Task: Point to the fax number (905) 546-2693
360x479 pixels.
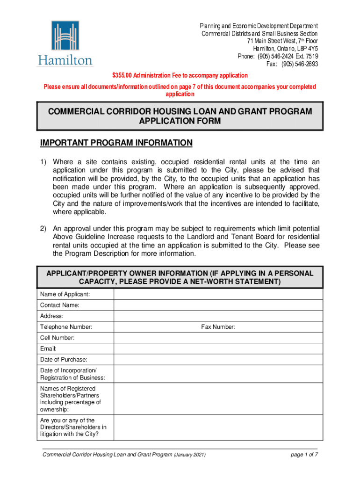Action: point(299,64)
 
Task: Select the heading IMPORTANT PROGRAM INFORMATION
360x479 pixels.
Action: point(116,143)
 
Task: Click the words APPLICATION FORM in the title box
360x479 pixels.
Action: point(180,121)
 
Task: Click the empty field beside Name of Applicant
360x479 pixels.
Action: point(218,294)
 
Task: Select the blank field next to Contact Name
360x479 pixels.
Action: point(218,305)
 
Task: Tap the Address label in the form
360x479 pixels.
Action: point(52,316)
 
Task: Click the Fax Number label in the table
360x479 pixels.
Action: point(218,327)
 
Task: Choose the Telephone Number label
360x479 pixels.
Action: point(66,327)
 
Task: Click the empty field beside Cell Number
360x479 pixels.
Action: point(218,338)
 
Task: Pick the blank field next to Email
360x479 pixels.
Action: point(218,348)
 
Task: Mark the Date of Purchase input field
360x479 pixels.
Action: point(218,360)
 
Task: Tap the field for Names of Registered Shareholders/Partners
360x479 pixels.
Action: point(218,399)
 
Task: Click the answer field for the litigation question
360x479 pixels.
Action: point(218,427)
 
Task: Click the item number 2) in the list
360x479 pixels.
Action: point(43,228)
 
